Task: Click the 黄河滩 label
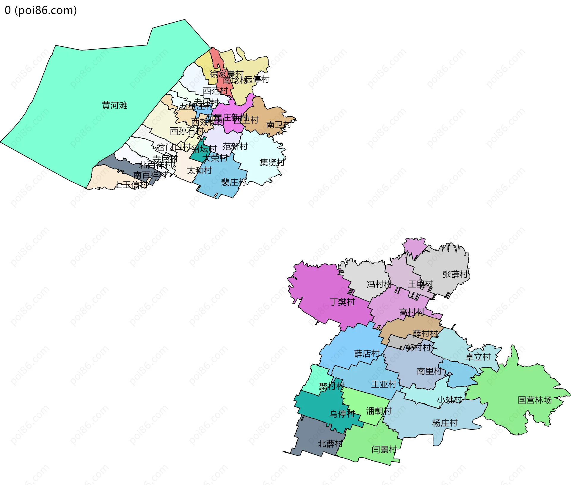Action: pos(114,105)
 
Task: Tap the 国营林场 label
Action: pos(535,400)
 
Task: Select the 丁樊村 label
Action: pos(342,302)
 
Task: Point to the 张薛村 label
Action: pos(455,274)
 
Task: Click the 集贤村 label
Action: pos(272,162)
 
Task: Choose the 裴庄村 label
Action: pos(233,182)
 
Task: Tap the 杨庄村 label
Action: pos(445,423)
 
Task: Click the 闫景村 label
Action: pos(384,449)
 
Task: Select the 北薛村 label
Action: pos(330,444)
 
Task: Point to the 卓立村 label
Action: pos(478,357)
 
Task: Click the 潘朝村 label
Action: pos(379,411)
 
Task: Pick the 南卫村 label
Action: pos(278,125)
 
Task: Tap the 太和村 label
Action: pos(199,170)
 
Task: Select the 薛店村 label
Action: pos(367,353)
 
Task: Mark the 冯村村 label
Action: pos(379,285)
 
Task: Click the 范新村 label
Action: pos(235,146)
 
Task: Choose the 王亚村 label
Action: pos(384,384)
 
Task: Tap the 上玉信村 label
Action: pos(131,185)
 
